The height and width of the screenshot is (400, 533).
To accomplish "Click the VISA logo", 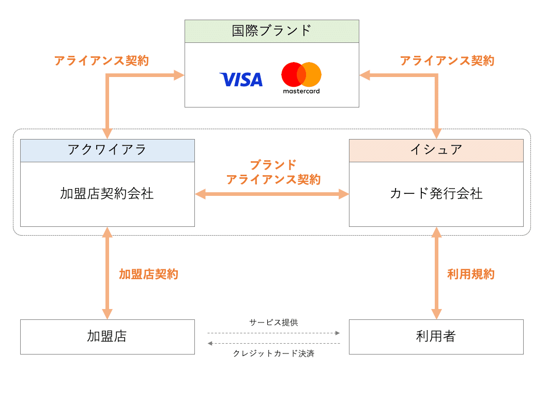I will tap(241, 79).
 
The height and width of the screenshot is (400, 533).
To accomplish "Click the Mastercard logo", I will tap(301, 78).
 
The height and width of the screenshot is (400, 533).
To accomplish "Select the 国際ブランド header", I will tap(271, 31).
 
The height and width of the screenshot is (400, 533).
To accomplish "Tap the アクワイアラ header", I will tap(107, 150).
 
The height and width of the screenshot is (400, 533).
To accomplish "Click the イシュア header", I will tap(436, 150).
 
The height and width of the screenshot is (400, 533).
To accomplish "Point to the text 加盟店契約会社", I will tap(107, 194).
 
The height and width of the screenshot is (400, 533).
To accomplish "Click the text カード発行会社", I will tap(436, 194).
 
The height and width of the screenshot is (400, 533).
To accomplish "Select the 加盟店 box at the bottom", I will tap(107, 336).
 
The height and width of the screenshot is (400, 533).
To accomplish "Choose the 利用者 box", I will tap(436, 336).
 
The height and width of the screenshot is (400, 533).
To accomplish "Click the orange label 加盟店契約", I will tap(148, 274).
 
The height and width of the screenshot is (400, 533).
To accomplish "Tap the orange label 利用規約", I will tap(470, 274).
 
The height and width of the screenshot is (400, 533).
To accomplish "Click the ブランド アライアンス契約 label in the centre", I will tap(273, 173).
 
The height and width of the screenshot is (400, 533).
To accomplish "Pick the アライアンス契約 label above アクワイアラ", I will tap(101, 60).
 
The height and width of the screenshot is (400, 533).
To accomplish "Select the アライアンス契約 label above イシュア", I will tap(447, 60).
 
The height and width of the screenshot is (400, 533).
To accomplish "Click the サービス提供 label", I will tap(273, 322).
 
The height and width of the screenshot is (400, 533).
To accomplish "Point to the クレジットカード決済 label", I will tap(273, 354).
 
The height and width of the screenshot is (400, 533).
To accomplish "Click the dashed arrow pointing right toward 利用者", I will tap(273, 333).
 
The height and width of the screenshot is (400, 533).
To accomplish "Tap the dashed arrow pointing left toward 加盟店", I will tap(273, 343).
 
